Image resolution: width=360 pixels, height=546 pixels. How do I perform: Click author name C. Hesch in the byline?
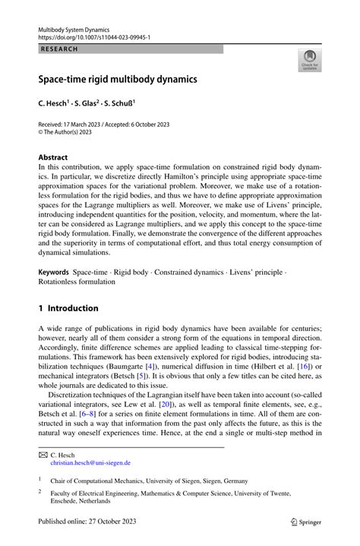57,99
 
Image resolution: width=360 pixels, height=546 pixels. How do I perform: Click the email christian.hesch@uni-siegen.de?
90,462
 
